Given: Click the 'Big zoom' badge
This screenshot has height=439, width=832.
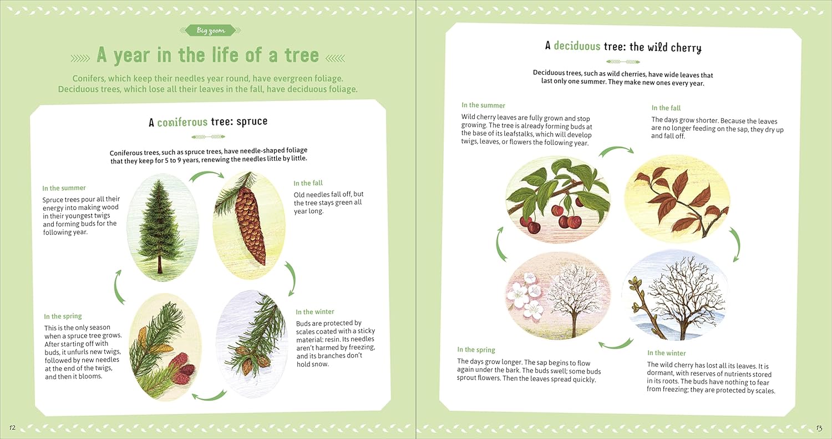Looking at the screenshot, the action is pyautogui.click(x=211, y=31).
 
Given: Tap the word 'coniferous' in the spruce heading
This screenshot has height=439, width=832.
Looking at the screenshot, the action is pyautogui.click(x=182, y=122).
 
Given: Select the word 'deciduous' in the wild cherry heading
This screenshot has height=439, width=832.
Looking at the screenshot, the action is pyautogui.click(x=577, y=46).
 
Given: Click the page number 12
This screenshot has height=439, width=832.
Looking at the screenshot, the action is pyautogui.click(x=12, y=427).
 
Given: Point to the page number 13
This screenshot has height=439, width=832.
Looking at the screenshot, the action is pyautogui.click(x=819, y=428).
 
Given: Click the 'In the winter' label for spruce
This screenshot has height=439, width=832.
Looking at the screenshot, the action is pyautogui.click(x=314, y=312).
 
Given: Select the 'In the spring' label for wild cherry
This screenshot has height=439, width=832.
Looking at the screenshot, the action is pyautogui.click(x=476, y=350).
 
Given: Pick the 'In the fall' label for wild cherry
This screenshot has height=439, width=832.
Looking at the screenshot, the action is pyautogui.click(x=666, y=108).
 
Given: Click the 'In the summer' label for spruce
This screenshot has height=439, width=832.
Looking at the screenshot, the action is pyautogui.click(x=64, y=188).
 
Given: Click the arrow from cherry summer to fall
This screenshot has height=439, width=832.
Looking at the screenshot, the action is pyautogui.click(x=616, y=150).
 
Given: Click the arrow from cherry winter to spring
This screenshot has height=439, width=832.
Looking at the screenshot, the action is pyautogui.click(x=616, y=345).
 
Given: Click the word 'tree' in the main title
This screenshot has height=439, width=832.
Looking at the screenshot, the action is pyautogui.click(x=302, y=55).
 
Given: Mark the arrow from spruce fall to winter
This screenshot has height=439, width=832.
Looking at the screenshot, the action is pyautogui.click(x=291, y=279).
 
